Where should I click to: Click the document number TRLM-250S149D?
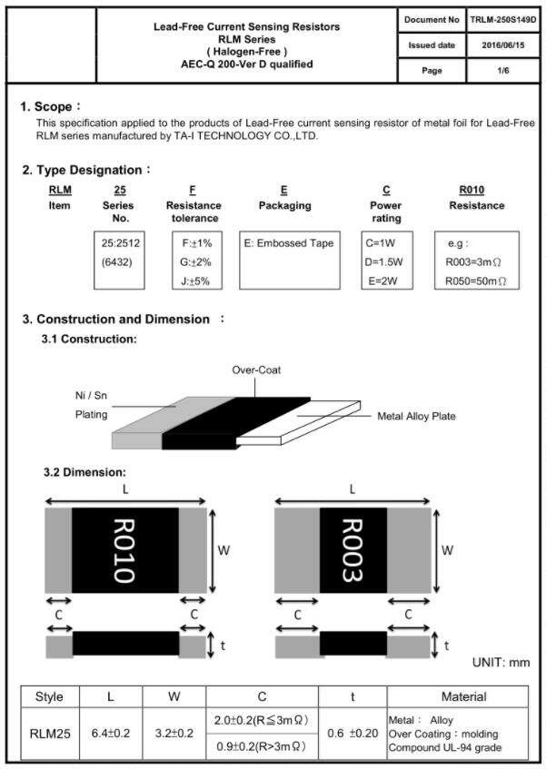pyautogui.click(x=502, y=19)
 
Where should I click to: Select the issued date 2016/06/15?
pyautogui.click(x=502, y=44)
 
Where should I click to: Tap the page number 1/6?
pyautogui.click(x=502, y=70)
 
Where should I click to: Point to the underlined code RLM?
pyautogui.click(x=59, y=190)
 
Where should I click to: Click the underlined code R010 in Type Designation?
pyautogui.click(x=472, y=190)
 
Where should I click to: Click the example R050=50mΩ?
pyautogui.click(x=476, y=281)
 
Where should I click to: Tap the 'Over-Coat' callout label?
pyautogui.click(x=255, y=370)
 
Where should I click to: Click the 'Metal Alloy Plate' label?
pyautogui.click(x=416, y=416)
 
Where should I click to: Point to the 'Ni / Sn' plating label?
pyautogui.click(x=91, y=397)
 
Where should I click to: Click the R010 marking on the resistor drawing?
pyautogui.click(x=124, y=550)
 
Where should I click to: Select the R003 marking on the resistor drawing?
pyautogui.click(x=352, y=550)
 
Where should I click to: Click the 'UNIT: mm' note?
pyautogui.click(x=501, y=663)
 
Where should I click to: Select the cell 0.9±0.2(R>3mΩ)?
pyautogui.click(x=261, y=746)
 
